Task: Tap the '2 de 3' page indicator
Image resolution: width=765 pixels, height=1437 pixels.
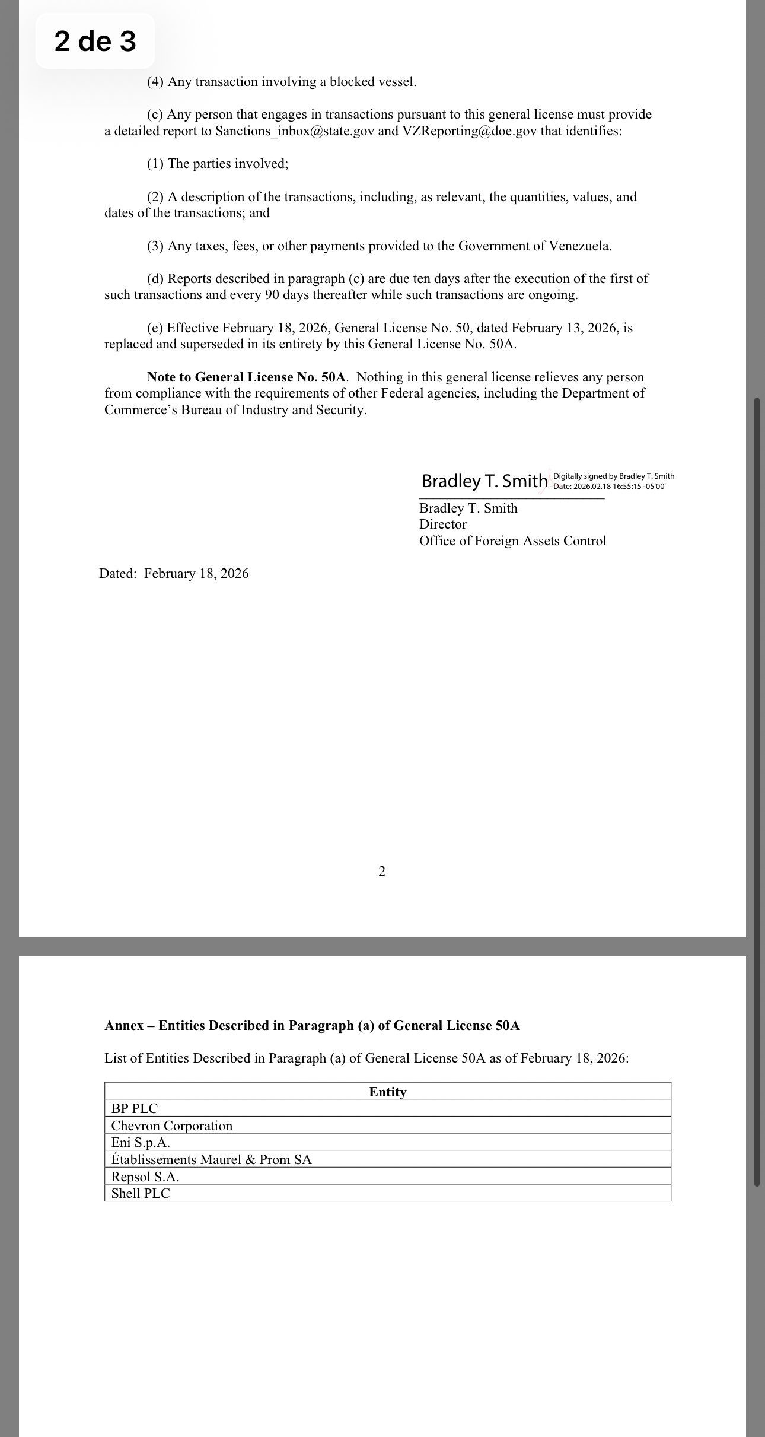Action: point(95,42)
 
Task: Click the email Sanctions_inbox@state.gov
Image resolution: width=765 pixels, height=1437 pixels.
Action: point(295,131)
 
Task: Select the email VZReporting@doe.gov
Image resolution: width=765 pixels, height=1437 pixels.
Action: point(470,131)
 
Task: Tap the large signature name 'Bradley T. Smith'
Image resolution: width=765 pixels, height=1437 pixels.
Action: point(485,481)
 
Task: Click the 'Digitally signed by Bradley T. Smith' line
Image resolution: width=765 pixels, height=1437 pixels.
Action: point(613,476)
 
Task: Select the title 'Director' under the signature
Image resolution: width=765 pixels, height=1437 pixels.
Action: point(442,524)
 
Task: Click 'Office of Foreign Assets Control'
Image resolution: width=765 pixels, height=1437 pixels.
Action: point(512,541)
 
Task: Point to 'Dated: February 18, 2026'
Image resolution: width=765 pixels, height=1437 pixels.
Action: point(174,574)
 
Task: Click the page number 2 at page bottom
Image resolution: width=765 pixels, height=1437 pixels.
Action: point(382,871)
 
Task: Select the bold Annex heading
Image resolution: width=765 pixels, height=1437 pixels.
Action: point(312,1026)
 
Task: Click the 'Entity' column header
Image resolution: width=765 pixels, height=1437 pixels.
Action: point(388,1092)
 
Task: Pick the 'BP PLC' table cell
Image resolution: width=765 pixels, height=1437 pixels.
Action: point(135,1108)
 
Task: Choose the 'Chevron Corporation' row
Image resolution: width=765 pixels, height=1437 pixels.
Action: point(172,1126)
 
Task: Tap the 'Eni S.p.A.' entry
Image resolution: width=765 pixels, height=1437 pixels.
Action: point(141,1142)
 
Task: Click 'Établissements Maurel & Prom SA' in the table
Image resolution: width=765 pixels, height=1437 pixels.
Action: point(211,1159)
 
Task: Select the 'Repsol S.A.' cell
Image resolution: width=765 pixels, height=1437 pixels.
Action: point(145,1177)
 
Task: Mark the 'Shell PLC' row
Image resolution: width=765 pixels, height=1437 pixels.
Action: point(141,1193)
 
